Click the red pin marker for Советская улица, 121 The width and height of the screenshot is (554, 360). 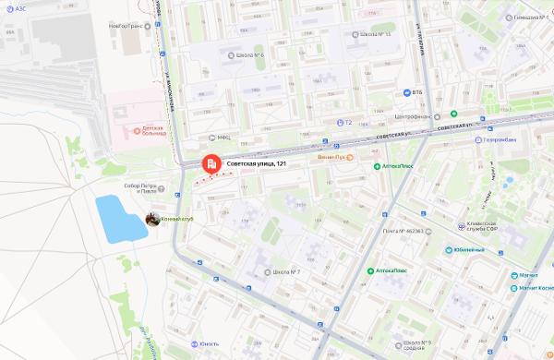point(211,164)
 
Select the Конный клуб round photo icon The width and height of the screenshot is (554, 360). point(151,219)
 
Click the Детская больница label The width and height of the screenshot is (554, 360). point(148,130)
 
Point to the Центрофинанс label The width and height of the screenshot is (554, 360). point(413,117)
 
